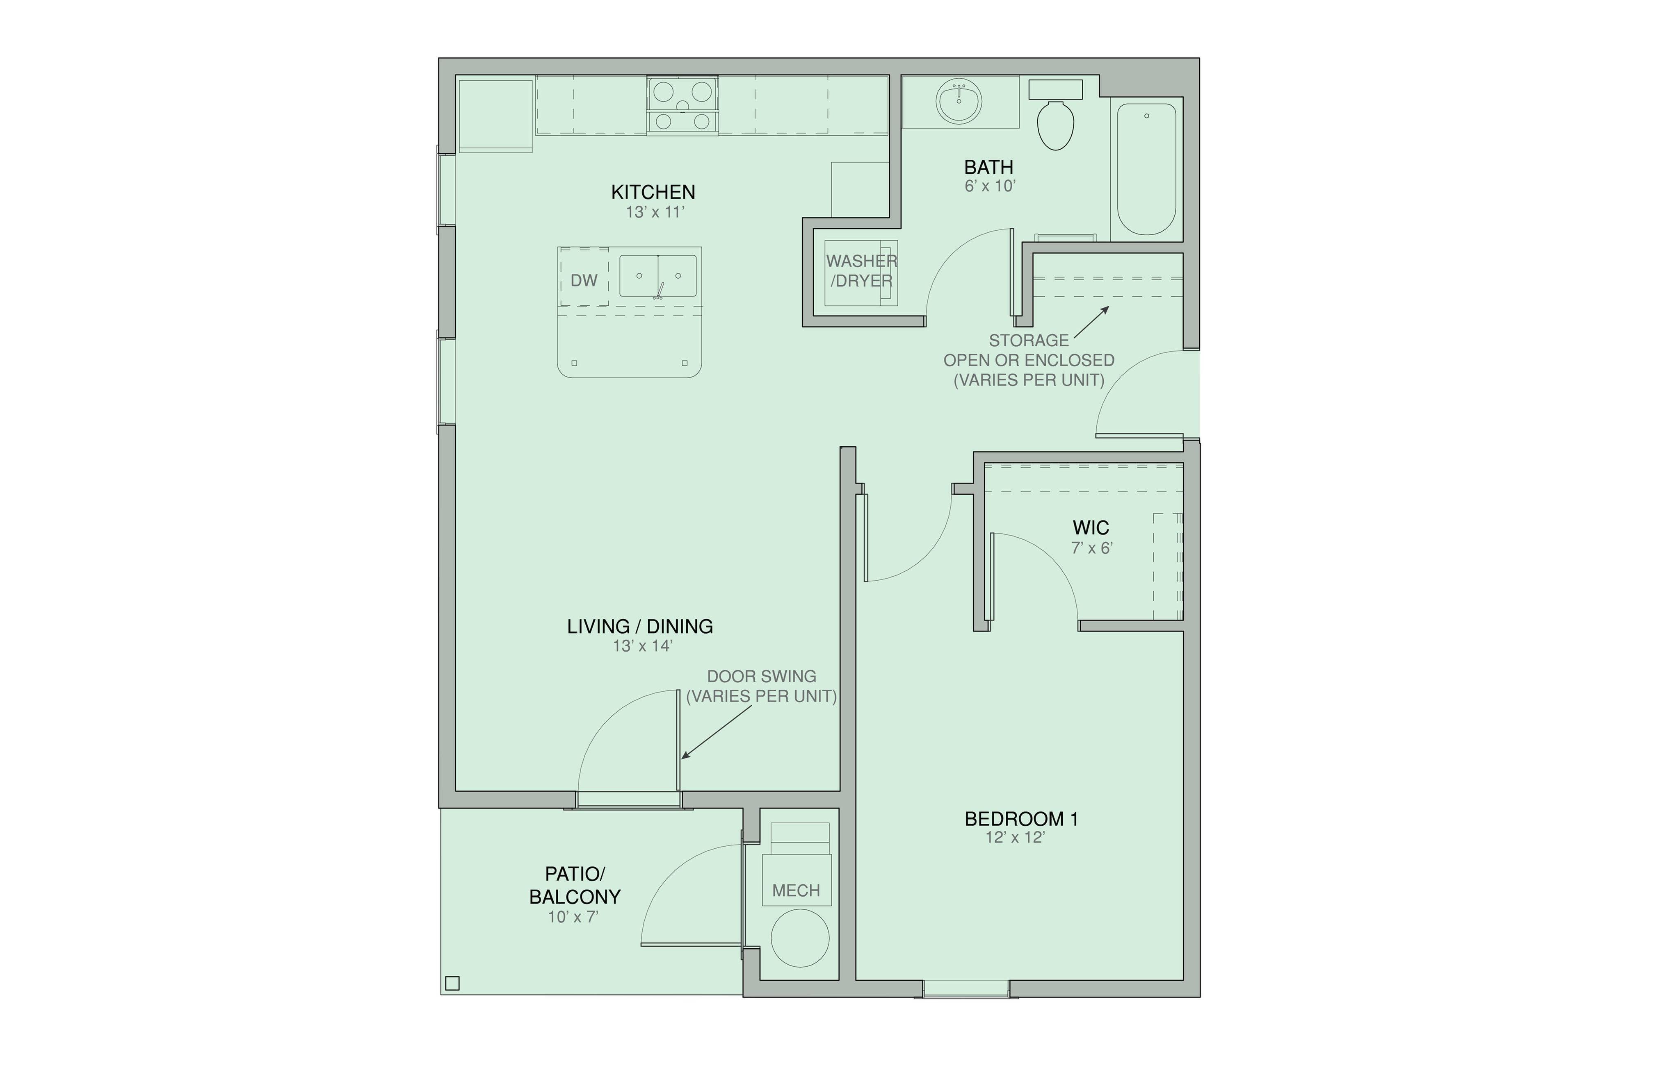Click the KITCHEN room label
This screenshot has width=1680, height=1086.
click(x=653, y=192)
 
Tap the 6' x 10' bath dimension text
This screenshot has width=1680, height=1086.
click(x=989, y=186)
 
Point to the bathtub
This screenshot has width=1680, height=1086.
click(x=1146, y=169)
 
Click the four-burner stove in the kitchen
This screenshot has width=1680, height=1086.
click(x=682, y=106)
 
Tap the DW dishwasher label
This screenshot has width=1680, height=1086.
click(x=584, y=281)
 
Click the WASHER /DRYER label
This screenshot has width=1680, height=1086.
click(x=861, y=271)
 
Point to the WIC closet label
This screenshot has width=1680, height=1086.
click(x=1091, y=527)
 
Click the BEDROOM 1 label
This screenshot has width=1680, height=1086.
click(x=1021, y=819)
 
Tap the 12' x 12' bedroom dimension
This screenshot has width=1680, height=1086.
click(x=1015, y=838)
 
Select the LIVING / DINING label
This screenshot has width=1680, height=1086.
click(x=640, y=626)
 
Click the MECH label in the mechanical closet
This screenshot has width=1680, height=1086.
click(x=796, y=891)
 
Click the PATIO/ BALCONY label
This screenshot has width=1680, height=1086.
click(x=574, y=885)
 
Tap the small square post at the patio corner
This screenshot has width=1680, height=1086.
click(x=453, y=983)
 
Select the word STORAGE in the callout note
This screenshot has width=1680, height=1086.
click(x=1028, y=341)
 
